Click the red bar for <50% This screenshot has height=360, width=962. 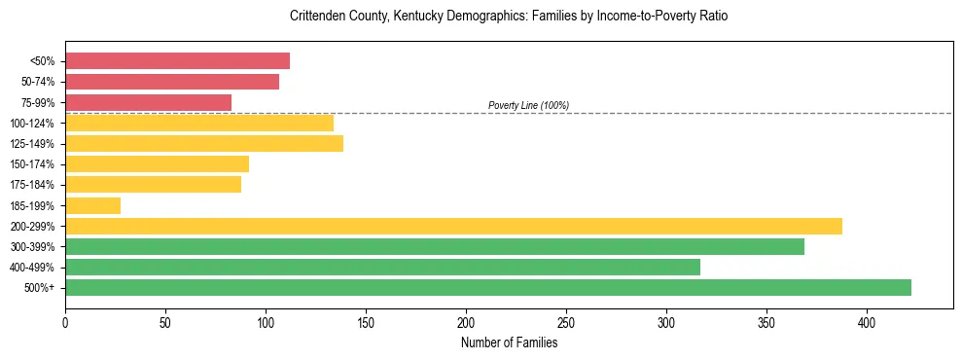(177, 61)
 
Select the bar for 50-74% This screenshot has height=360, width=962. (172, 82)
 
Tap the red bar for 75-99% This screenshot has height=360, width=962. (148, 102)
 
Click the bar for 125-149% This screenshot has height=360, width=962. (204, 144)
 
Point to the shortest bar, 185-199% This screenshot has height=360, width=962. (92, 205)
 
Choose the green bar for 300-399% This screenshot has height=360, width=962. (435, 246)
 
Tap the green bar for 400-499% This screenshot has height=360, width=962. (382, 267)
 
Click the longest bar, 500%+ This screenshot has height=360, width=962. (488, 287)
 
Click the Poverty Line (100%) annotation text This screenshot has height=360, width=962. (528, 105)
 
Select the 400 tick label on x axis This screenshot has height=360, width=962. (867, 321)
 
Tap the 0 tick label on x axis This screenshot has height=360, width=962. (65, 321)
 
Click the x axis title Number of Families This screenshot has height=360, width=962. (509, 342)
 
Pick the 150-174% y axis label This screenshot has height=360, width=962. (32, 164)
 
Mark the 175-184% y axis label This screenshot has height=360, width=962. (32, 185)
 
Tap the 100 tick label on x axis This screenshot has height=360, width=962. (266, 321)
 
